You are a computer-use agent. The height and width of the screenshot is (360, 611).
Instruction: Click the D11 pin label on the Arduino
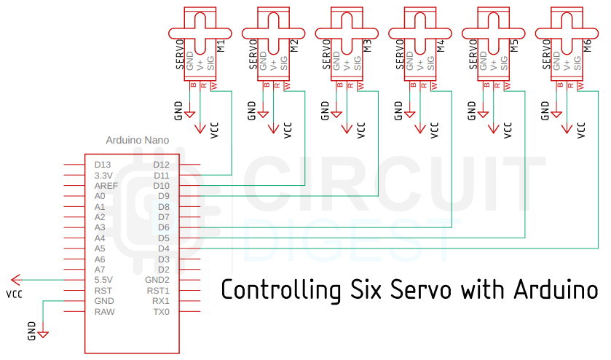pos(162,175)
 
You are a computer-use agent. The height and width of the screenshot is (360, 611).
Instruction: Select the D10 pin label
pos(162,186)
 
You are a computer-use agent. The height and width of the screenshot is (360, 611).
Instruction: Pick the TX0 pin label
pos(161,311)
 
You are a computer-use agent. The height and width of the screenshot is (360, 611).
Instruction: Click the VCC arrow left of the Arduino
pos(15,280)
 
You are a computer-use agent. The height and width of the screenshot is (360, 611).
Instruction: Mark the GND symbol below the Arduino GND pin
pos(42,334)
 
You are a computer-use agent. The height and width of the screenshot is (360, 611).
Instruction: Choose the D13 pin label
pos(102,165)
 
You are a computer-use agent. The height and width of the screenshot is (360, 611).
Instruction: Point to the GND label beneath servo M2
pos(252,110)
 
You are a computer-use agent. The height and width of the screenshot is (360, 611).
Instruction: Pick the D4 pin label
pos(163,249)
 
